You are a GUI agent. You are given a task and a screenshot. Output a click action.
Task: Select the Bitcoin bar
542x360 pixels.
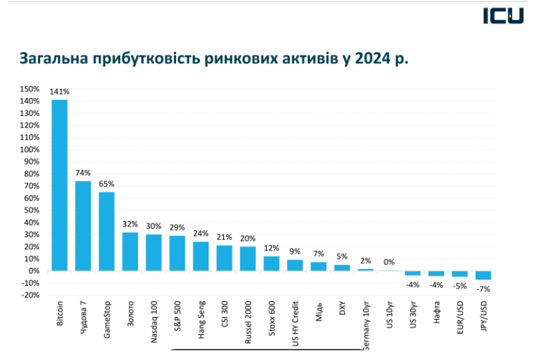click(x=60, y=185)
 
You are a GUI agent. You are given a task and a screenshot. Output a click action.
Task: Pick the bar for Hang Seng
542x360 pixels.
click(x=200, y=256)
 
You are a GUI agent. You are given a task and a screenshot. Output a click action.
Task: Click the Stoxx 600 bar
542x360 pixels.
click(x=271, y=264)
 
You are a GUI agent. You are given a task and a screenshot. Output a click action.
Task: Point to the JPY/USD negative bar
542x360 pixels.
click(x=483, y=275)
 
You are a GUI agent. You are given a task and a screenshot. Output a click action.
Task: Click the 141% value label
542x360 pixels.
click(x=60, y=92)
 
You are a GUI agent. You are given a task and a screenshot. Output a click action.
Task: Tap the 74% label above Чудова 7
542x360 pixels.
click(x=83, y=173)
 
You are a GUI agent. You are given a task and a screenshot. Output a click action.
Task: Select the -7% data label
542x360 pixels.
click(x=483, y=287)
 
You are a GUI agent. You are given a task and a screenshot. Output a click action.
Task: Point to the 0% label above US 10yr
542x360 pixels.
click(x=389, y=262)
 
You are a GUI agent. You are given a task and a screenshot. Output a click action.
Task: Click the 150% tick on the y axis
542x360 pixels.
click(x=30, y=89)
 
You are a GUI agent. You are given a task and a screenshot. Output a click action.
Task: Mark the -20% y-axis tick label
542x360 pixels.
click(x=30, y=295)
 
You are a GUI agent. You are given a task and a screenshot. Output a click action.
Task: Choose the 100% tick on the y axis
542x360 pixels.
click(x=30, y=149)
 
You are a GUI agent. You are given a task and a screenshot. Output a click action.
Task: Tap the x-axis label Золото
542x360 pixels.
click(x=130, y=314)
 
